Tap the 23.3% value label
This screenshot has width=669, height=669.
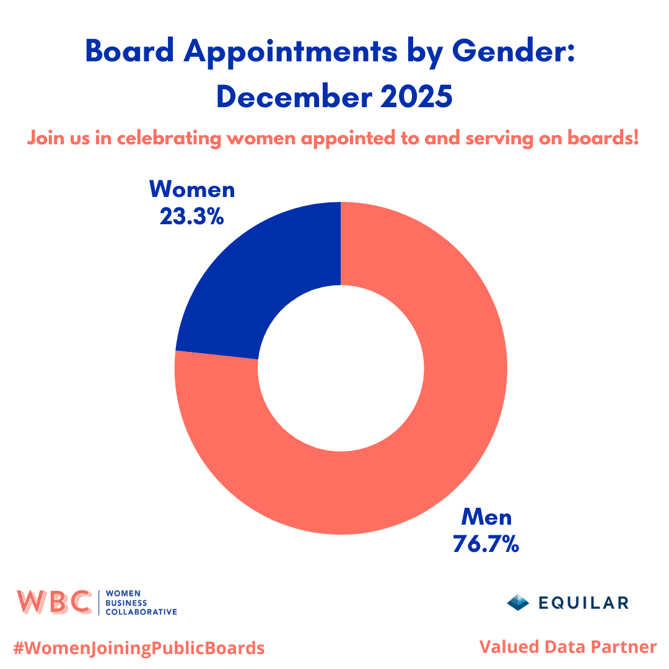[192, 216]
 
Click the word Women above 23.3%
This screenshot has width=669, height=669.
[193, 189]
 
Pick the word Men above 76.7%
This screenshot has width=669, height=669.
[486, 517]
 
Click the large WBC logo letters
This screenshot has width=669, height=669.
[54, 602]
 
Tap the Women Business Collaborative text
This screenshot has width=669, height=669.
[142, 602]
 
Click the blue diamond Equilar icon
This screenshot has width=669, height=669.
[518, 602]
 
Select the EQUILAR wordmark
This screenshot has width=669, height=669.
[583, 602]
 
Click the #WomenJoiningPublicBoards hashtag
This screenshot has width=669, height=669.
[139, 648]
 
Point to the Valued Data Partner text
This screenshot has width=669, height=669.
[567, 647]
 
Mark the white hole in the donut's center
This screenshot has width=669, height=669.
[341, 368]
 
